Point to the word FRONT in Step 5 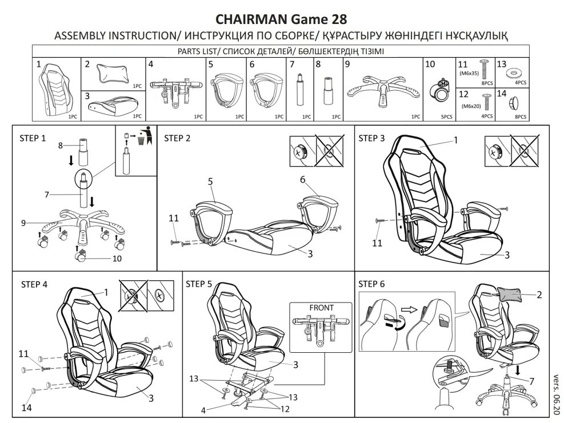click(x=321, y=308)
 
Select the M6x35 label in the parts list click(x=469, y=73)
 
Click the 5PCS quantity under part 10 click(x=447, y=116)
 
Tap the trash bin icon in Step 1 click(x=148, y=136)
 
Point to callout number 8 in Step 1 click(x=59, y=146)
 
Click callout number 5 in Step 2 click(x=210, y=181)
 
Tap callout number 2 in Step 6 click(x=538, y=295)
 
